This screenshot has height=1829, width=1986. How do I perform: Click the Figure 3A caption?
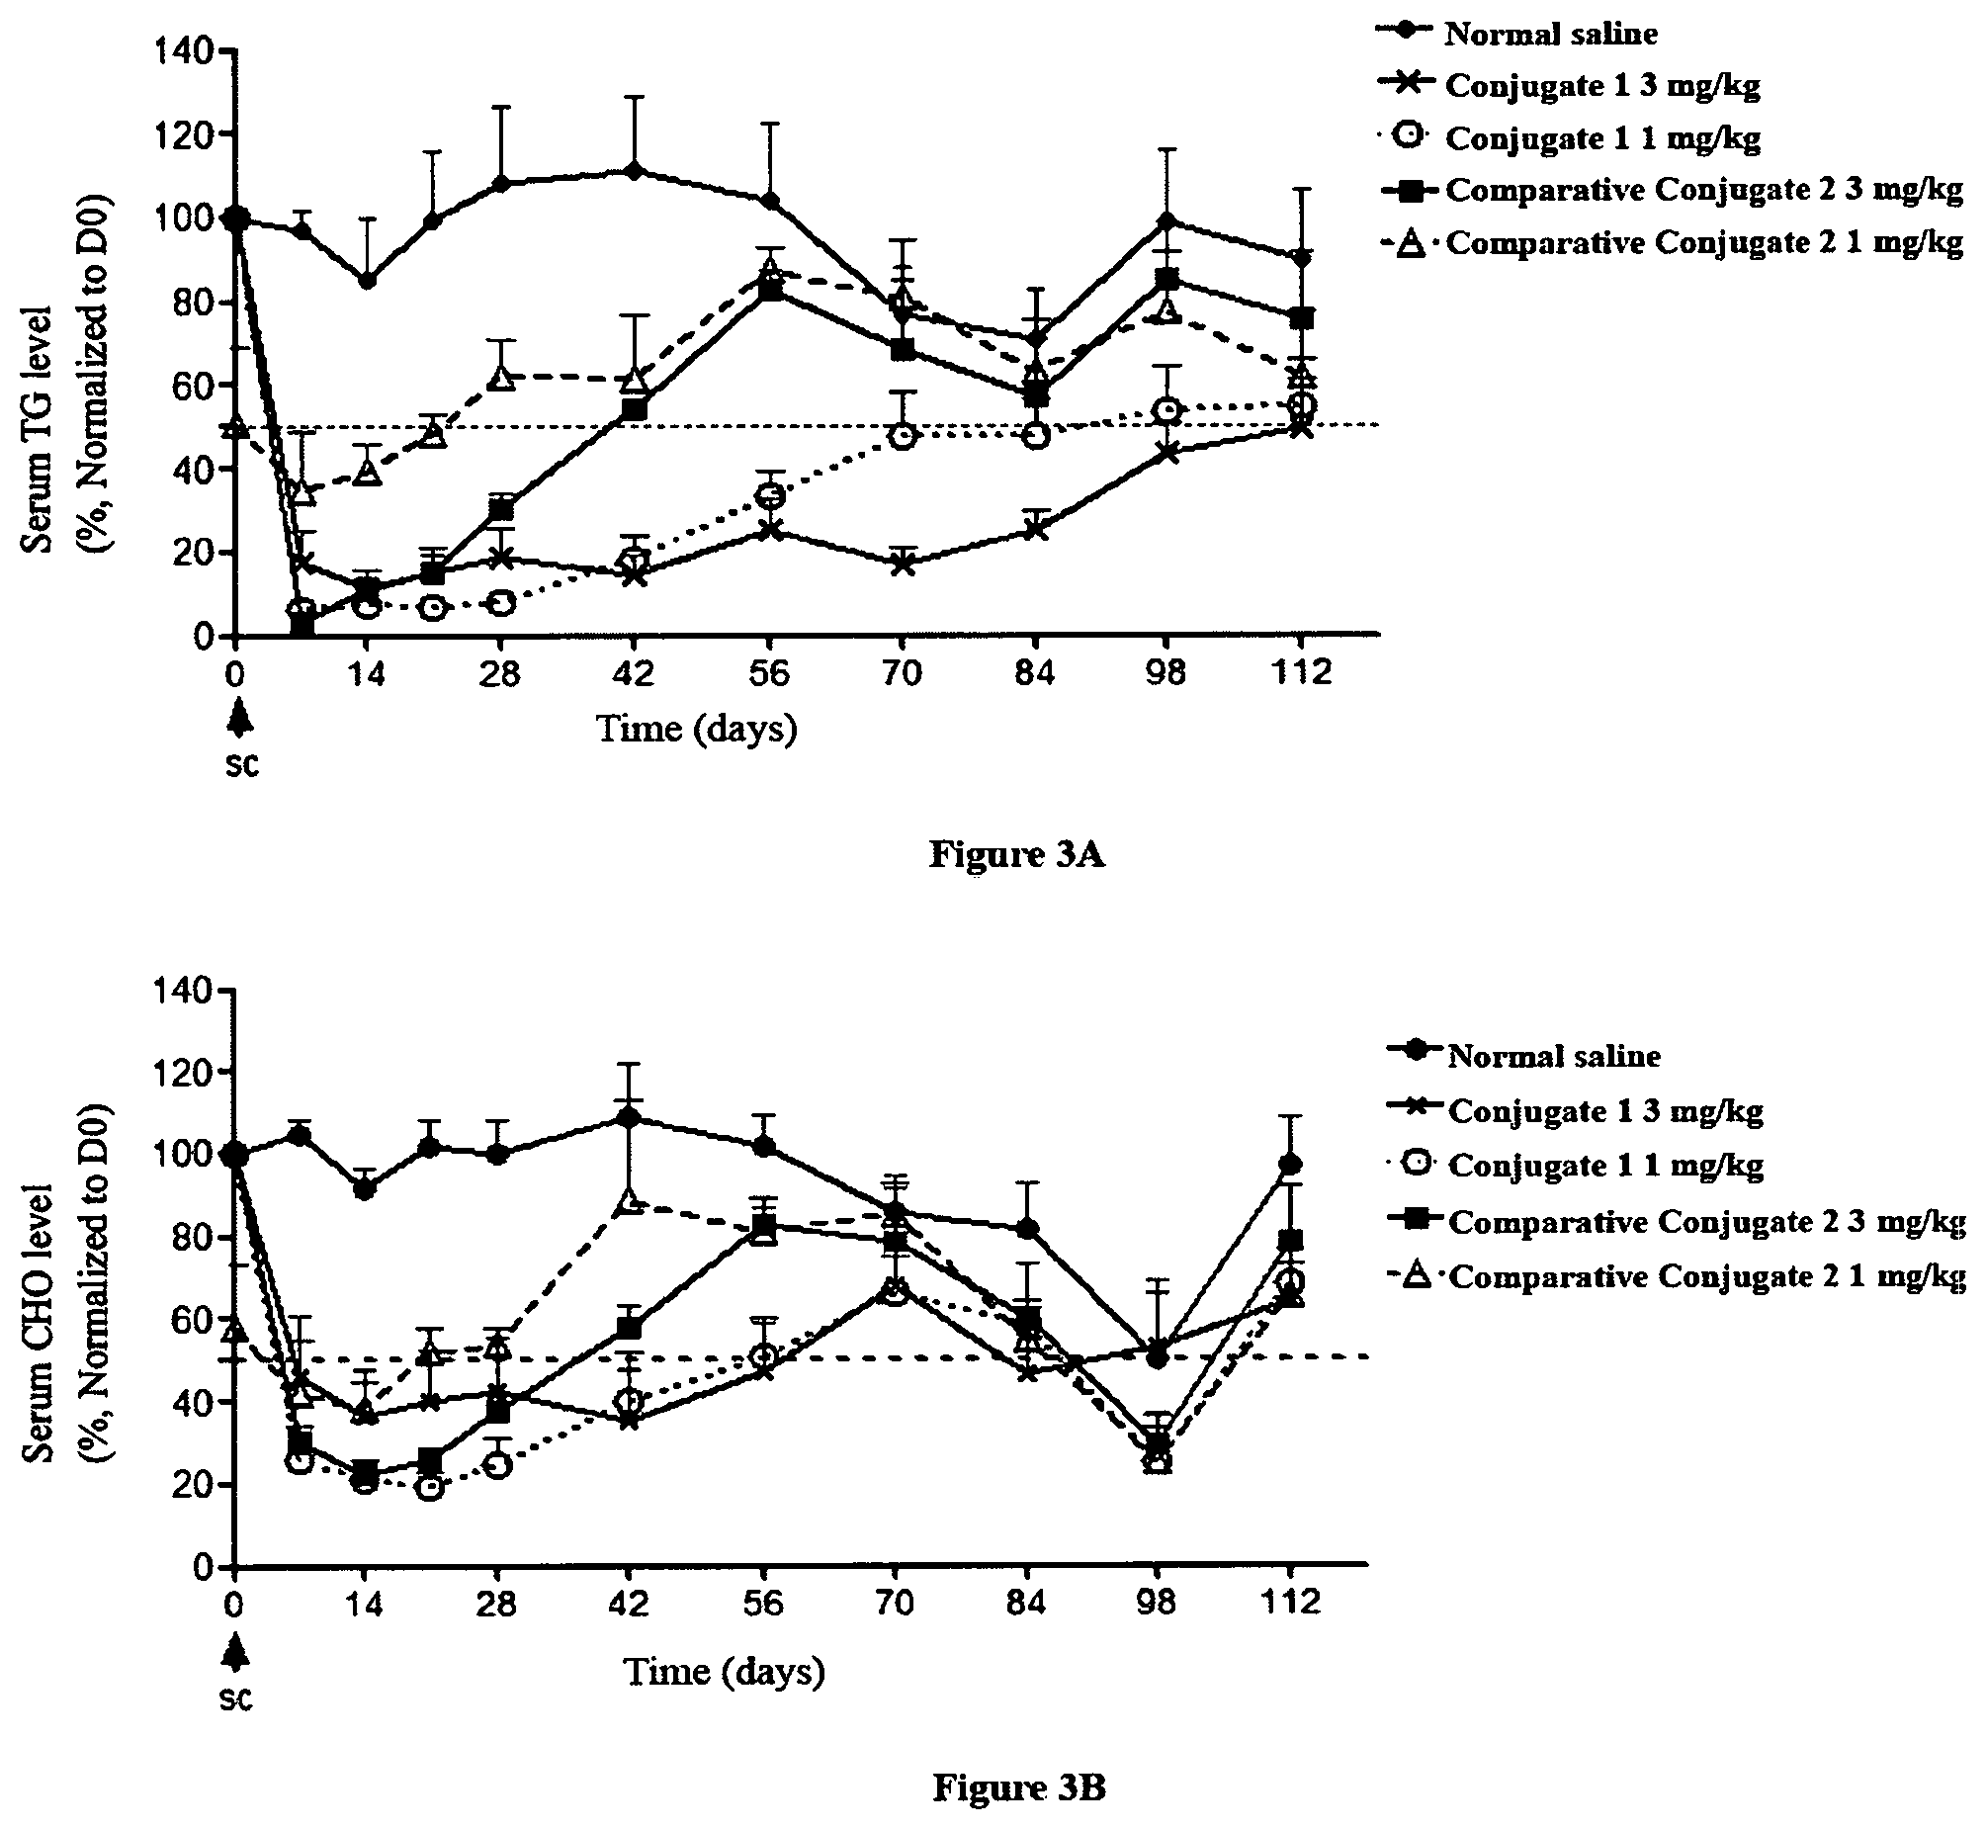[1016, 854]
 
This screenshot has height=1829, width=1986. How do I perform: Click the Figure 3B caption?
[1018, 1786]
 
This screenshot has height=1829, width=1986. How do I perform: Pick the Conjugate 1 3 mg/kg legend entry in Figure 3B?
[1576, 1110]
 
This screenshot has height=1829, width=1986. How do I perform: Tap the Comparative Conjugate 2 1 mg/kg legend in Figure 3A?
[1672, 242]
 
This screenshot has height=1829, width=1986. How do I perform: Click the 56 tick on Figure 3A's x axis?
[768, 673]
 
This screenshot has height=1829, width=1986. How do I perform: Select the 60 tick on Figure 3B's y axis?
[193, 1319]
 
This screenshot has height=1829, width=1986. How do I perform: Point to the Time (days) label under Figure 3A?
[697, 730]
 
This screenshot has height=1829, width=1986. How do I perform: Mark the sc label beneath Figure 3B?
[235, 1698]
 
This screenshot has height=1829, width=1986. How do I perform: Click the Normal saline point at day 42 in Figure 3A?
[635, 171]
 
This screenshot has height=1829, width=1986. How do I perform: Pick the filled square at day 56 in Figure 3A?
[768, 291]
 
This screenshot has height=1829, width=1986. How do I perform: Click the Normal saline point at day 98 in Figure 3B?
[1156, 1357]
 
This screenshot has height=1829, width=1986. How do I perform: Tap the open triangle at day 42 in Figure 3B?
[629, 1201]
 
